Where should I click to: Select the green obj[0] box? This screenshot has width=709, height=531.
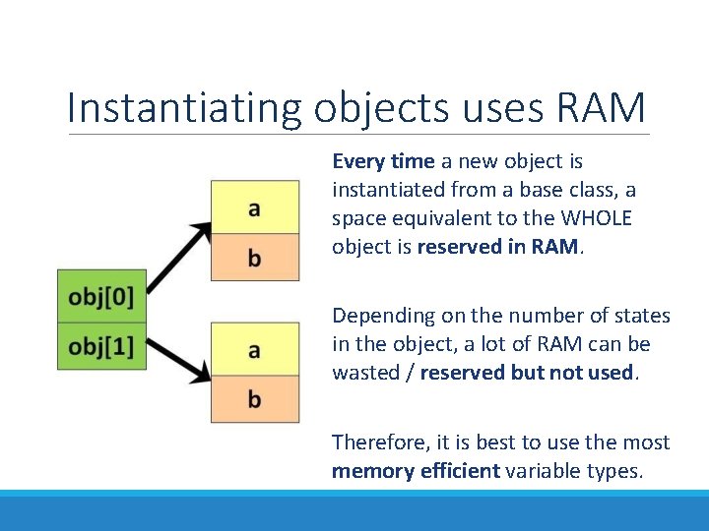(101, 295)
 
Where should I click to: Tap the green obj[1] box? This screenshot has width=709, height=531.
(101, 346)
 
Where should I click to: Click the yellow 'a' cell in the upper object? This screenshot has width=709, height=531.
(254, 207)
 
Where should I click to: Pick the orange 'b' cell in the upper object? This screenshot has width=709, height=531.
(254, 258)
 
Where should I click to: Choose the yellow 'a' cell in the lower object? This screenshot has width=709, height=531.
(254, 349)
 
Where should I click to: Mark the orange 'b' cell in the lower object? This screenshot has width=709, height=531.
(254, 398)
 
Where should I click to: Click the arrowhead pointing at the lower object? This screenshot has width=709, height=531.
(202, 373)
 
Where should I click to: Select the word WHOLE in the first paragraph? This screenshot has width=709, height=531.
(593, 217)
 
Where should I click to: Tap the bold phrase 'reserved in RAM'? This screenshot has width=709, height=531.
(499, 246)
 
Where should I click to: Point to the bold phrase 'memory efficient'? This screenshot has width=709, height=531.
(416, 471)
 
